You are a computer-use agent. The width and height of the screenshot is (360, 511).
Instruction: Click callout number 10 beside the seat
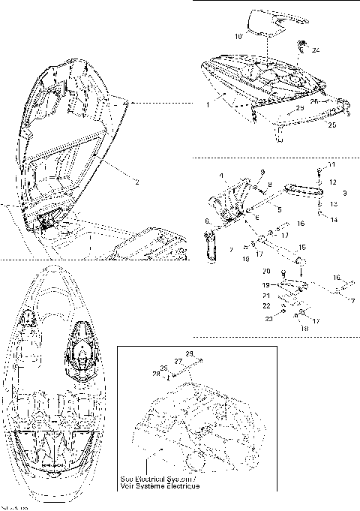point(239,36)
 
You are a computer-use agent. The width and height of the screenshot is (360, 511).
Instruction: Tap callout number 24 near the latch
point(316,50)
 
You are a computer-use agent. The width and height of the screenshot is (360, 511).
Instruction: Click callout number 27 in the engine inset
point(179,361)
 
